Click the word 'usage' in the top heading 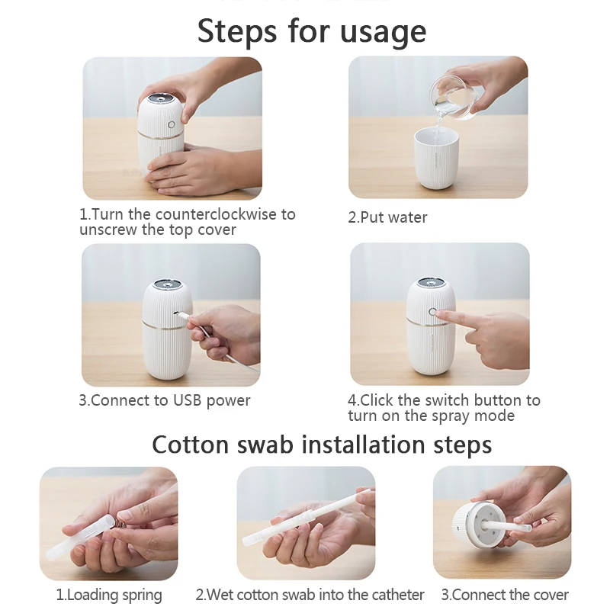384,32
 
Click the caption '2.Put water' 387,217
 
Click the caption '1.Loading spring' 109,594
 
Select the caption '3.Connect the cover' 505,594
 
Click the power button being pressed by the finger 432,313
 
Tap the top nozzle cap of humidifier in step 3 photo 163,285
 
